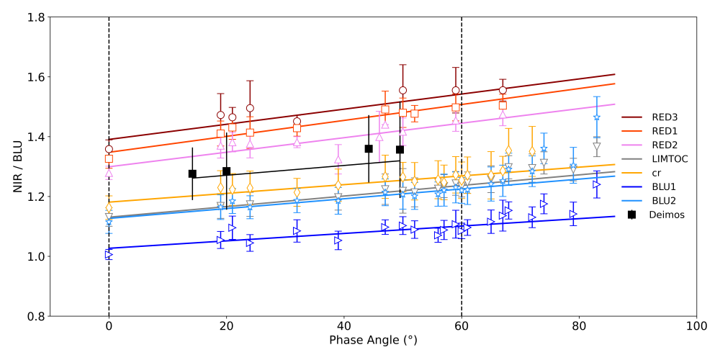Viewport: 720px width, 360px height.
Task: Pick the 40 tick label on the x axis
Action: point(343,325)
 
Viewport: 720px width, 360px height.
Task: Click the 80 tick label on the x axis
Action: point(579,325)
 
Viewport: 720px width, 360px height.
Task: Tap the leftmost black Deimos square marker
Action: point(192,174)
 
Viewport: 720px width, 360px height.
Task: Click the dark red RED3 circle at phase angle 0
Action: point(109,149)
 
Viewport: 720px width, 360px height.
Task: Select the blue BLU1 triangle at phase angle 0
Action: point(109,255)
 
